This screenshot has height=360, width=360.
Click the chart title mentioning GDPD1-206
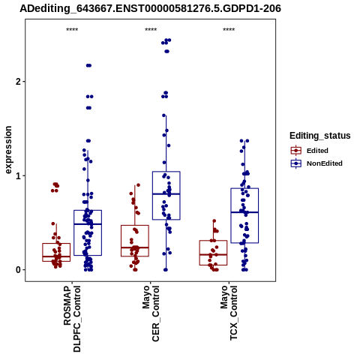coord(150,8)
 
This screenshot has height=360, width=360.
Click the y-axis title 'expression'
coord(8,150)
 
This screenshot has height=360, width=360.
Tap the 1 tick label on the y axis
coord(18,175)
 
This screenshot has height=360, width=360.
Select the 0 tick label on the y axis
coord(18,270)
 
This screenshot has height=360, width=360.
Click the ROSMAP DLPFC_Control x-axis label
coord(72,319)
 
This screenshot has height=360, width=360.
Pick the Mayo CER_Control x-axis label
coord(151,313)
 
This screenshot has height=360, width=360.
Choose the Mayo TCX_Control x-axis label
coord(229,313)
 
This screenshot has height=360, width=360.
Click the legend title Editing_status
coord(320,136)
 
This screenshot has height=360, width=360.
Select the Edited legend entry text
coord(317,151)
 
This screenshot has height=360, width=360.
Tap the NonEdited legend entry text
coord(325,163)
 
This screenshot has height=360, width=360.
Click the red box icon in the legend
coord(296,151)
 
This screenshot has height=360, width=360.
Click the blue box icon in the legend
coord(296,163)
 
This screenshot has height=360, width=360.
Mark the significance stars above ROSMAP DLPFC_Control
coord(72,30)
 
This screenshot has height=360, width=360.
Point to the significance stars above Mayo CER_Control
coord(151,30)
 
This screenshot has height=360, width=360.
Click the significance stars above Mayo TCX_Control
coord(229,30)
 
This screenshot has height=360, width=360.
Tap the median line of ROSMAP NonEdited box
coord(88,224)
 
